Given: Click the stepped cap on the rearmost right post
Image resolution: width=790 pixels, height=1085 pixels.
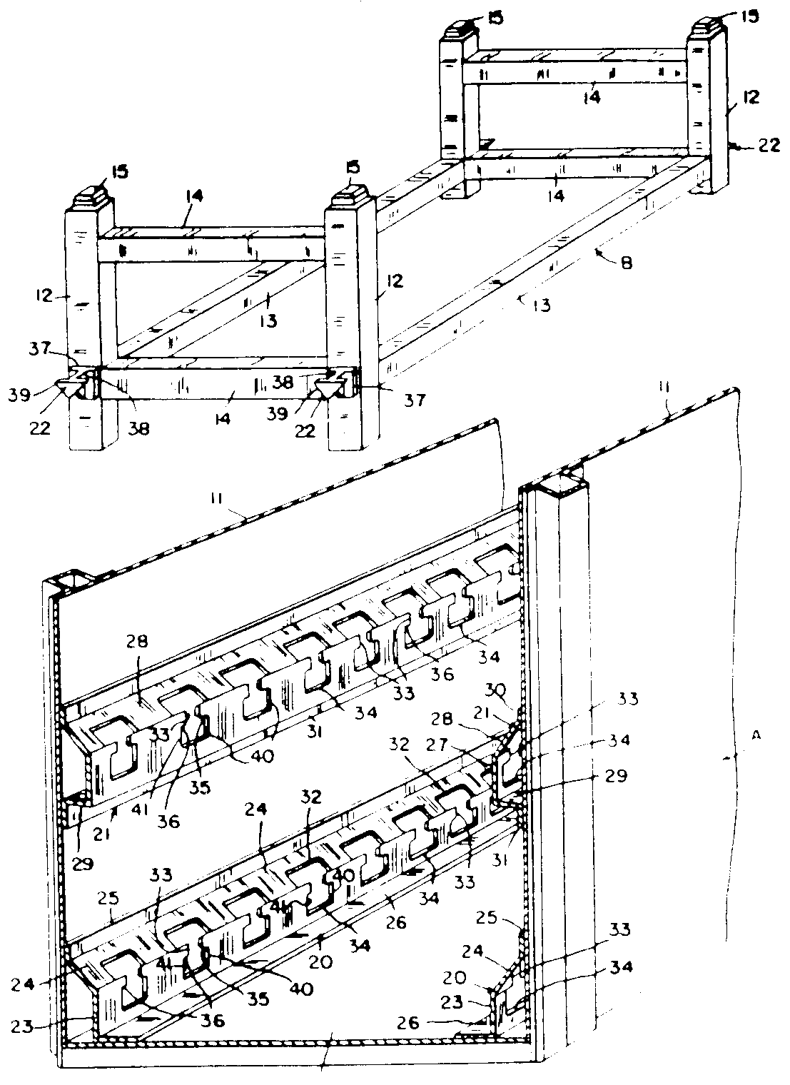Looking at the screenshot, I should [709, 16].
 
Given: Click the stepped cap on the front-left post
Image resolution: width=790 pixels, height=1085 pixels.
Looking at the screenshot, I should [91, 194].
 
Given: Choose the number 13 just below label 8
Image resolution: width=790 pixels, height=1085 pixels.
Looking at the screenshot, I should [542, 305].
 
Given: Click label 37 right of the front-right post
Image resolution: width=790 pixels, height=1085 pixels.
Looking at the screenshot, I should [415, 401].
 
